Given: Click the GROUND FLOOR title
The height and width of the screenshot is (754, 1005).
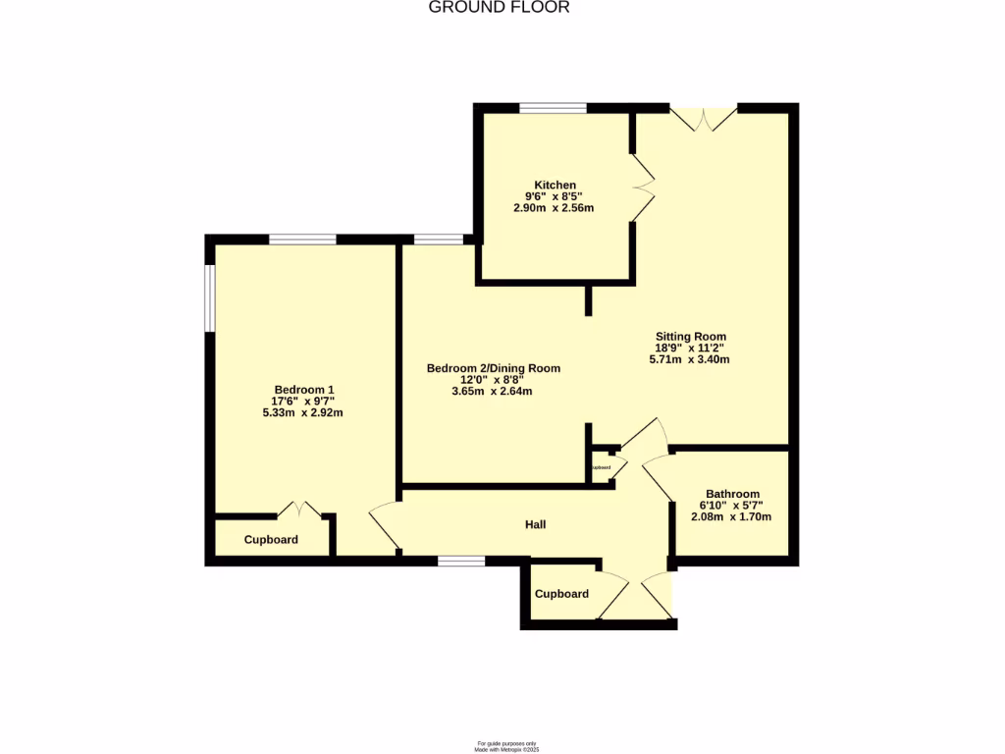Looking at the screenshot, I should [x=499, y=8].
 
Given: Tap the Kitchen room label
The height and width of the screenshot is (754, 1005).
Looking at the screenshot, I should [x=555, y=185].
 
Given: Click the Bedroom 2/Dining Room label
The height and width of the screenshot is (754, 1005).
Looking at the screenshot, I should [x=494, y=368].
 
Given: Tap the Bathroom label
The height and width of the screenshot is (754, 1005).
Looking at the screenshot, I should [x=732, y=494].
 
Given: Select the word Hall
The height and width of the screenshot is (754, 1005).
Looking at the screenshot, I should [x=535, y=525].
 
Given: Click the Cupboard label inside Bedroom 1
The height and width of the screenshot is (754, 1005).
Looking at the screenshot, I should [x=271, y=540].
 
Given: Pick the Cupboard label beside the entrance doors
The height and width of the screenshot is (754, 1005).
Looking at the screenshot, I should [x=561, y=594].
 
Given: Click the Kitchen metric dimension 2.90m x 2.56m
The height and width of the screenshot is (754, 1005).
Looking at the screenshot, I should [x=554, y=208].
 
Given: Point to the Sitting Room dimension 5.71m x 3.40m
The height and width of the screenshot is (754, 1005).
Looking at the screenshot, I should [x=690, y=359].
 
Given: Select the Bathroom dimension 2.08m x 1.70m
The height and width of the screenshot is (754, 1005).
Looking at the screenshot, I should [x=732, y=517].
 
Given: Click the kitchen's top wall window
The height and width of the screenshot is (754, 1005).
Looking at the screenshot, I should [x=554, y=108].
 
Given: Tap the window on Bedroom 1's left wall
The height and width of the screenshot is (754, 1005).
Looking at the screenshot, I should [x=208, y=297].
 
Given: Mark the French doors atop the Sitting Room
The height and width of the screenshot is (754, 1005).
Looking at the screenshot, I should [x=703, y=117].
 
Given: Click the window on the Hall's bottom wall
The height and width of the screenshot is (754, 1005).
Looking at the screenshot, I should [x=461, y=561].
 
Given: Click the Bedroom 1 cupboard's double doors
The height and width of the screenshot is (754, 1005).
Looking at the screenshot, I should [x=298, y=511].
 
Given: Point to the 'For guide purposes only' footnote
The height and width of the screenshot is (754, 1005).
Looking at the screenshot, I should [x=507, y=743].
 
